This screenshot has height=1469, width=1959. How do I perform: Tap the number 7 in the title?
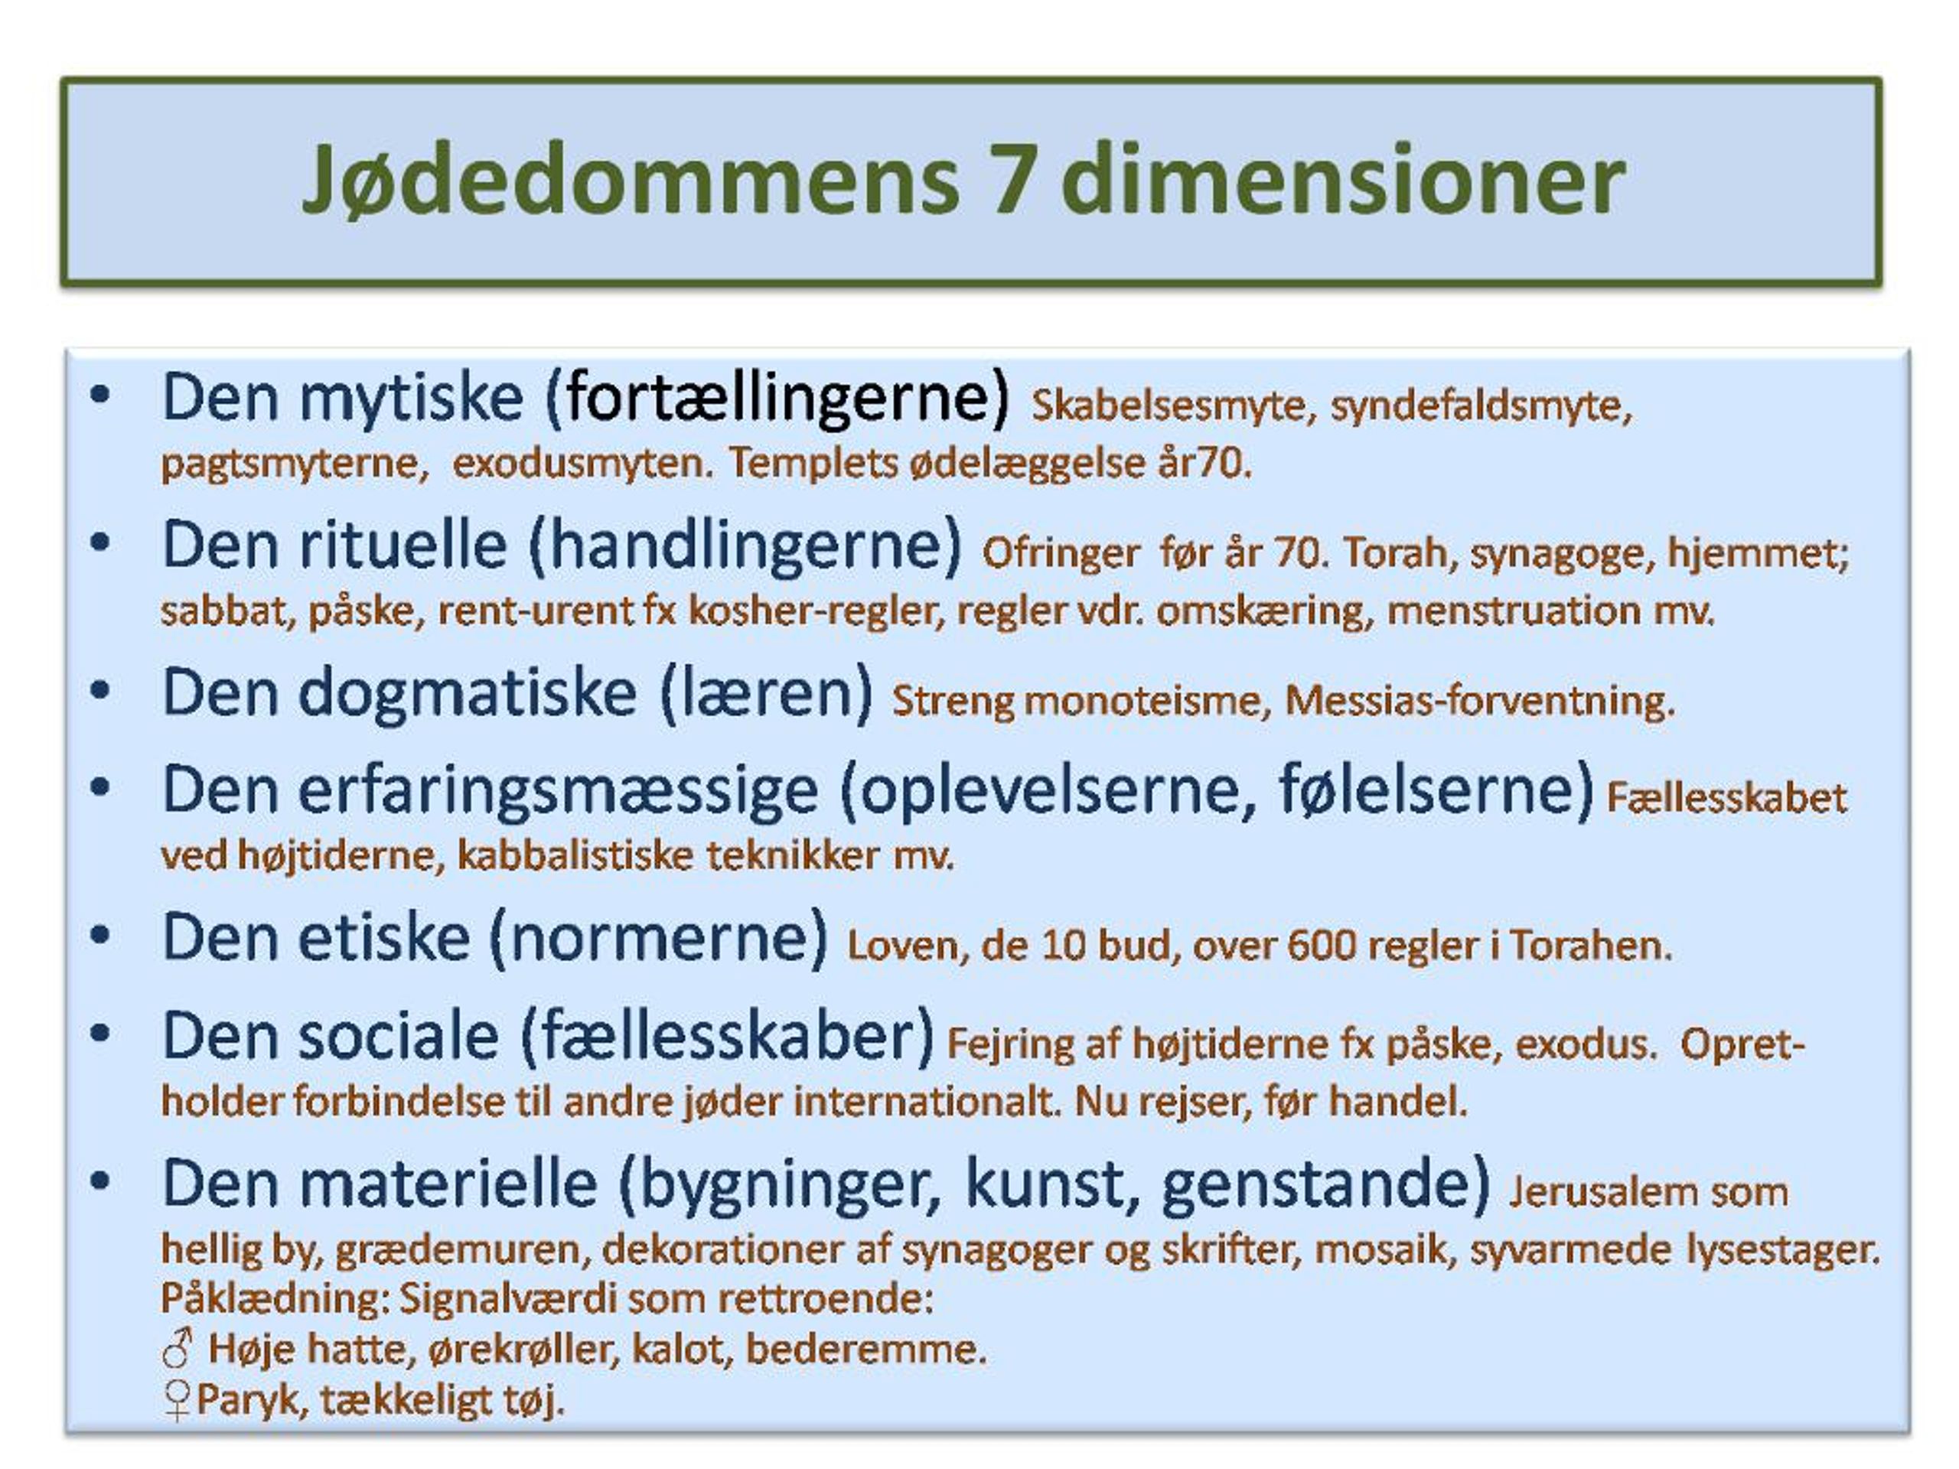pos(1014,180)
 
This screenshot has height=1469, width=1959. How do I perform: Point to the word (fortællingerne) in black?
pos(777,399)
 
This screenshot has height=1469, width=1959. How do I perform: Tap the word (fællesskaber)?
pos(727,1037)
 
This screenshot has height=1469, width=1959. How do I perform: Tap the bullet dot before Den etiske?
pos(100,935)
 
